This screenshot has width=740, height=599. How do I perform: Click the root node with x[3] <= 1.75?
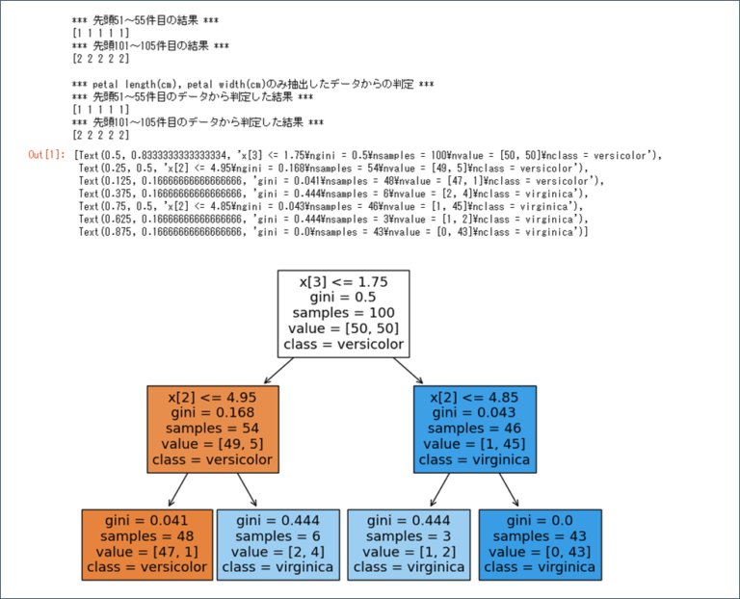(343, 313)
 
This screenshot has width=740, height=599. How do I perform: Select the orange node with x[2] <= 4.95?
(212, 429)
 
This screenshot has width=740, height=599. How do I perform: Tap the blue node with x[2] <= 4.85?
(475, 429)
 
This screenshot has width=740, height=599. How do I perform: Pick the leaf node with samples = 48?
(146, 543)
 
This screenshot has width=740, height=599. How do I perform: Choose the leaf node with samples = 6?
(277, 543)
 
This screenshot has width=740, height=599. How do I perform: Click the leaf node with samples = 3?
(409, 543)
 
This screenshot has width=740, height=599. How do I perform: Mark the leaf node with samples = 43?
(541, 543)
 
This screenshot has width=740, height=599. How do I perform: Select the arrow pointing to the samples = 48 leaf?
(178, 489)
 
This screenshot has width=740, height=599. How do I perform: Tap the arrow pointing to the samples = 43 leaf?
(508, 489)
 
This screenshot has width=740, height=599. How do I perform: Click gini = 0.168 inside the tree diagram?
(212, 412)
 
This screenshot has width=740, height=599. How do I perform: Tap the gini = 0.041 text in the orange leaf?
(146, 520)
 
